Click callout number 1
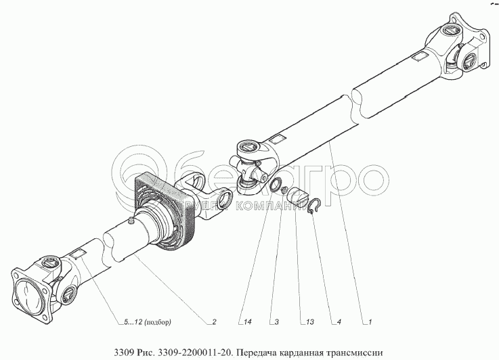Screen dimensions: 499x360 click(x=370, y=322)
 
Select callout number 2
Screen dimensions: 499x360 click(x=214, y=322)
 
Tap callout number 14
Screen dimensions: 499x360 click(x=248, y=322)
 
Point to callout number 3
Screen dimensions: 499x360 click(x=276, y=322)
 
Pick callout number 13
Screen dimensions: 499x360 click(x=309, y=322)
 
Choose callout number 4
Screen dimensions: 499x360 click(x=339, y=322)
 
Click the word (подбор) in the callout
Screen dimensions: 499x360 click(x=158, y=322)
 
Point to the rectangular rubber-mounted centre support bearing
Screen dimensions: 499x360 click(x=165, y=211)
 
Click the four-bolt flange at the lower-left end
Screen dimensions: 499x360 click(x=30, y=292)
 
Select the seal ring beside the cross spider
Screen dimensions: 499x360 click(x=274, y=185)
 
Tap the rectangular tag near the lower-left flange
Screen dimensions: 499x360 click(x=77, y=254)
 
